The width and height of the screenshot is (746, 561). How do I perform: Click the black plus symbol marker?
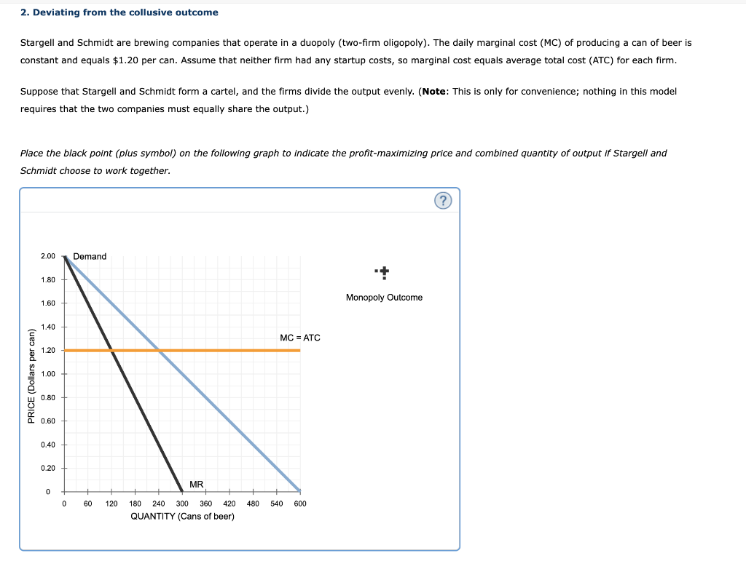point(384,273)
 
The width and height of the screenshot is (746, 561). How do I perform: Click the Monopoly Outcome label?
point(384,298)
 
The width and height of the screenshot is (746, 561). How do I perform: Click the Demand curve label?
point(90,257)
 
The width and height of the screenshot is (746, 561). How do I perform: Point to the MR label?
point(197,485)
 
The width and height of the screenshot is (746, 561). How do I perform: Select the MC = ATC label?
point(299,338)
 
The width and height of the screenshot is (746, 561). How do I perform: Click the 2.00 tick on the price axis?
point(48,256)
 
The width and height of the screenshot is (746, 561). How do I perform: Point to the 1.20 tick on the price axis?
point(48,351)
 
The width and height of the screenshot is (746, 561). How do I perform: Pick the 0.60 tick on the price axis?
point(48,421)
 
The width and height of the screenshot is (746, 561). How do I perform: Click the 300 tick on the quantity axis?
point(182,504)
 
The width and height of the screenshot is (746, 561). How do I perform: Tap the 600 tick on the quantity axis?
point(300,504)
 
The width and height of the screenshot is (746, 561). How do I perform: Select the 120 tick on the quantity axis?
point(111,504)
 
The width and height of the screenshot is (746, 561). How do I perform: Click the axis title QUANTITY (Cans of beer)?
point(182,517)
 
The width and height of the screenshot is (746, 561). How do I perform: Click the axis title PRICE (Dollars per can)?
point(31,376)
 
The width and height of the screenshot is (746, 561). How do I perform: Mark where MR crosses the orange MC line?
point(112,350)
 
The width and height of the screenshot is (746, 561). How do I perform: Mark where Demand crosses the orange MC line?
point(160,350)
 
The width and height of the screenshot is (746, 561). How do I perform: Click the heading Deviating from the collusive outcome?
point(119,12)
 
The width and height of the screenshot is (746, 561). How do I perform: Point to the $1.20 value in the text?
point(128,60)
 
